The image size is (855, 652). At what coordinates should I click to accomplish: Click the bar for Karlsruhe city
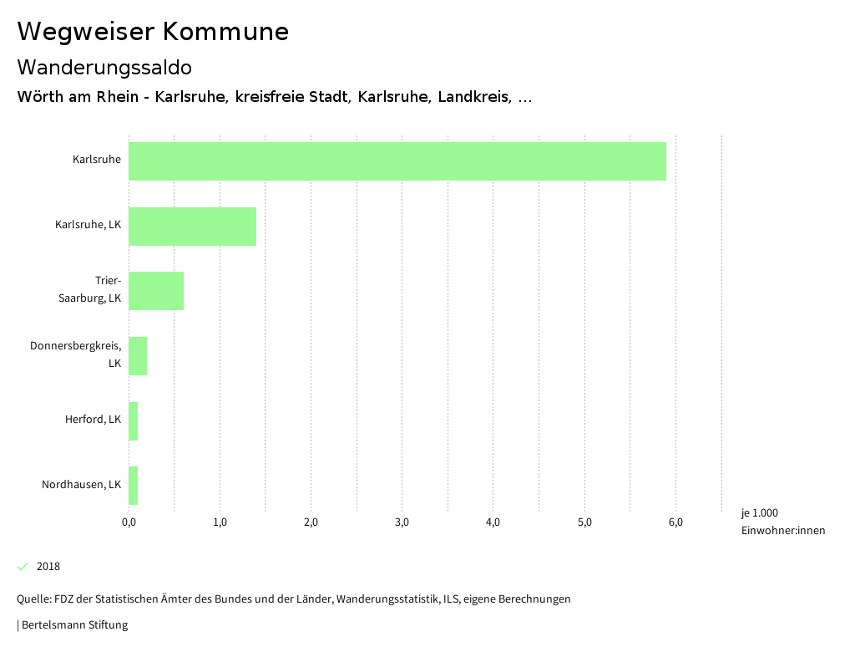click(x=397, y=161)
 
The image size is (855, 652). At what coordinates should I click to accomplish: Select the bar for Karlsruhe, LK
click(x=192, y=226)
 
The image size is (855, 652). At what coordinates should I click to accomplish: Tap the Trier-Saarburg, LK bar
click(x=156, y=291)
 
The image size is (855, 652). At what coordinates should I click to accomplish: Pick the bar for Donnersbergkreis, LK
click(x=138, y=356)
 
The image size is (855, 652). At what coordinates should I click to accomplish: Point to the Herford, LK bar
click(x=134, y=420)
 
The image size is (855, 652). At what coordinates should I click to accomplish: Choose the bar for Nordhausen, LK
click(x=134, y=486)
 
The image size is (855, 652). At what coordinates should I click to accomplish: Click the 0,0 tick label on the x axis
click(x=129, y=523)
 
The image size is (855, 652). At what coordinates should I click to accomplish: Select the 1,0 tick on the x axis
click(x=220, y=523)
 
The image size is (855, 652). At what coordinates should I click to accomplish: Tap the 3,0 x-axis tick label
click(x=402, y=523)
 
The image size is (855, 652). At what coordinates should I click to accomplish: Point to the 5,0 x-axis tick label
click(x=584, y=523)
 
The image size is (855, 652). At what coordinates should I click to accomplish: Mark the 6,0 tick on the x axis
click(x=675, y=523)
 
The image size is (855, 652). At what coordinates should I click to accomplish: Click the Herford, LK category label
click(x=93, y=420)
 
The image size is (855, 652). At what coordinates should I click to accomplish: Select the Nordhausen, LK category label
click(x=81, y=485)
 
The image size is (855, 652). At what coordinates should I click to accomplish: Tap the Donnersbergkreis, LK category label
click(x=76, y=354)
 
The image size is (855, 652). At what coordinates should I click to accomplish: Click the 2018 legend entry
click(x=48, y=567)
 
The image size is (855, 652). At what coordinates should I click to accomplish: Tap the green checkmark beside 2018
click(x=23, y=567)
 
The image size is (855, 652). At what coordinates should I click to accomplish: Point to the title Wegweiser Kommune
click(x=153, y=32)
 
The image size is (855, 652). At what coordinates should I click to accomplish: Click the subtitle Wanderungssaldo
click(x=104, y=67)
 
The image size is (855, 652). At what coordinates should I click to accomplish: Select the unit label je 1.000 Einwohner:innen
click(x=782, y=522)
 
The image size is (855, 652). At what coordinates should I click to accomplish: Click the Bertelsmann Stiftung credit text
click(x=73, y=625)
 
